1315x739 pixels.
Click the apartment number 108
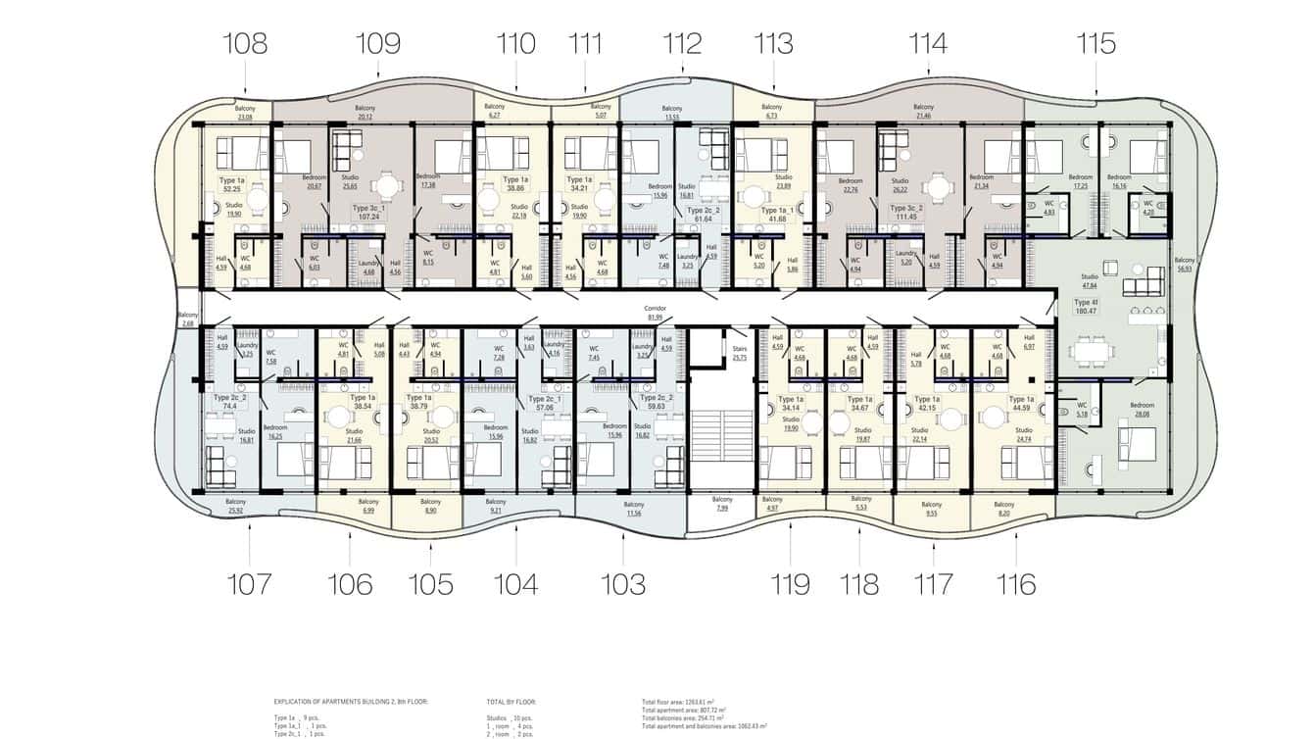pyautogui.click(x=245, y=44)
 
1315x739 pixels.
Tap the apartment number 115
pyautogui.click(x=1095, y=44)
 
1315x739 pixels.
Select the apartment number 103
pyautogui.click(x=623, y=584)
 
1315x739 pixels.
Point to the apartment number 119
pyautogui.click(x=790, y=584)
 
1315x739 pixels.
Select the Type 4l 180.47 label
pyautogui.click(x=1084, y=308)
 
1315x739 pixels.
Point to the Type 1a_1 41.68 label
pyautogui.click(x=778, y=214)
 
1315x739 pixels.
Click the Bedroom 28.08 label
pyautogui.click(x=1142, y=410)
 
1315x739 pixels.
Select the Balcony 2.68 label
pyautogui.click(x=187, y=319)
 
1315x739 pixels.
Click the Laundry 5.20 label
pyautogui.click(x=905, y=258)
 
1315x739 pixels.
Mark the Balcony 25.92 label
pyautogui.click(x=235, y=506)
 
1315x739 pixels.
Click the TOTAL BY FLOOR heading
pyautogui.click(x=511, y=702)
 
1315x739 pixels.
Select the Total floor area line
pyautogui.click(x=684, y=702)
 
